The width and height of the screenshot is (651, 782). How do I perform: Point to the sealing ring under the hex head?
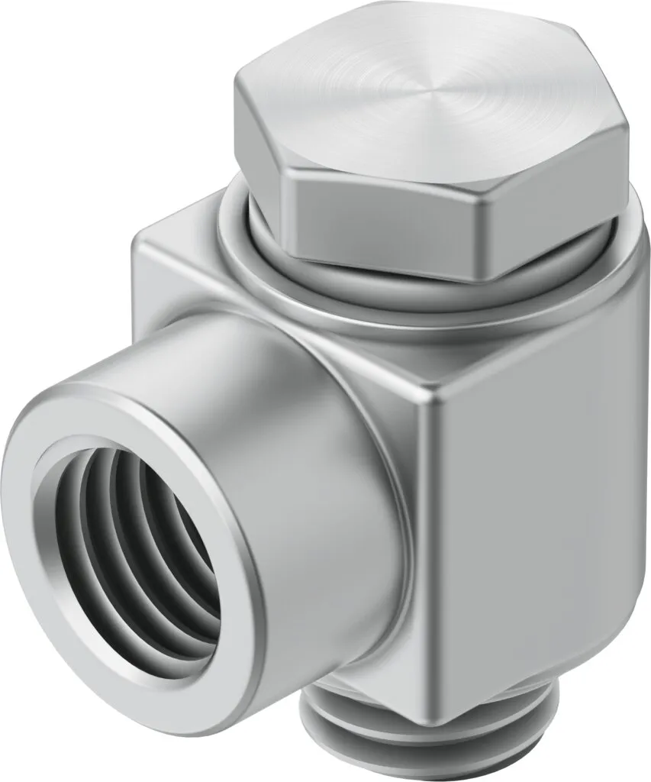click(252, 260)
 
